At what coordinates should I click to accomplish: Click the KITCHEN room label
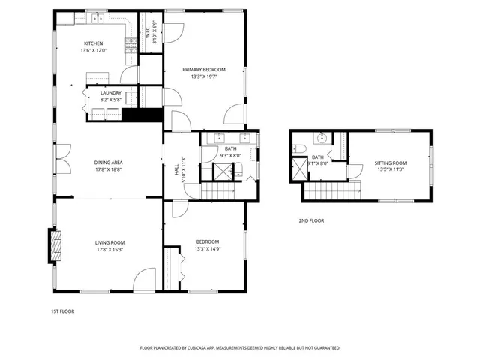click(92, 43)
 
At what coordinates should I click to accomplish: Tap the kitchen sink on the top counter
click(97, 17)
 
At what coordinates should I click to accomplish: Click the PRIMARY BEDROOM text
click(203, 69)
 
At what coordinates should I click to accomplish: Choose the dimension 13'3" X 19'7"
click(203, 76)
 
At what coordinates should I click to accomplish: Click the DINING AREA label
click(108, 163)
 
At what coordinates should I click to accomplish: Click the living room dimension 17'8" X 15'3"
click(109, 249)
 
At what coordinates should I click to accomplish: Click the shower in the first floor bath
click(223, 172)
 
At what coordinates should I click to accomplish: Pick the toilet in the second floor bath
click(298, 147)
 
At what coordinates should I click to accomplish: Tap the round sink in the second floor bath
click(321, 139)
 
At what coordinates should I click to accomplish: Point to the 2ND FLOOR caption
click(311, 221)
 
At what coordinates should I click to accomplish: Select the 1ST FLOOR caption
click(63, 310)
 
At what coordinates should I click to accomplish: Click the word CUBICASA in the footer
click(194, 348)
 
